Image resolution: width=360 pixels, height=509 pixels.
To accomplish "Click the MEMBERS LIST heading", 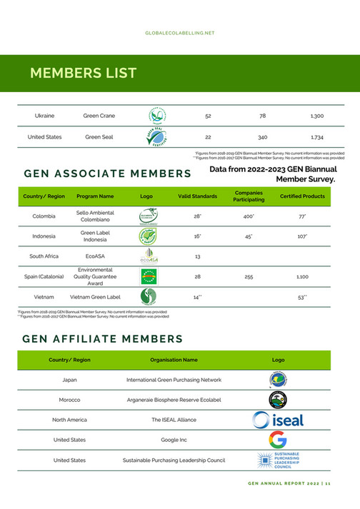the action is [83, 74].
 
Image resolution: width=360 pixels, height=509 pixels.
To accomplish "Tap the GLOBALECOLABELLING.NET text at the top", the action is [179, 33].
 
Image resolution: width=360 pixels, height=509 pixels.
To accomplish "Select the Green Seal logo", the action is [156, 136].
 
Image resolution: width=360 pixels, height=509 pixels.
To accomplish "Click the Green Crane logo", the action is [156, 115].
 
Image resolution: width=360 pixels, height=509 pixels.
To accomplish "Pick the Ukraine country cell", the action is [45, 115].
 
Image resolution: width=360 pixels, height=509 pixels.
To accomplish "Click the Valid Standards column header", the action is [197, 196].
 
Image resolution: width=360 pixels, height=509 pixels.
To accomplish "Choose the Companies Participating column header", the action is [249, 196].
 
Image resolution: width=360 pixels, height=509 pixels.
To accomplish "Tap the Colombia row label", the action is [45, 216].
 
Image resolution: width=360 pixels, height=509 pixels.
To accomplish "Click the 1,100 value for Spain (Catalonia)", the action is [303, 276].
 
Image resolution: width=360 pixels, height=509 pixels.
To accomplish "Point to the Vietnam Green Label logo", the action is [148, 296].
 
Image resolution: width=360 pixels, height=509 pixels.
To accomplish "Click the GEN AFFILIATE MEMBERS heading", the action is [104, 338].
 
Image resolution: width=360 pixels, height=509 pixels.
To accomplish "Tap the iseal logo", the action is [278, 420].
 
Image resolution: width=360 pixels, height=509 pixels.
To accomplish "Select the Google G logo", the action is [278, 440].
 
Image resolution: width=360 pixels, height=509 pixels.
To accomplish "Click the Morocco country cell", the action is [70, 400].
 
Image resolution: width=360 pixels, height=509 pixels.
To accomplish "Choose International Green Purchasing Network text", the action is [174, 380].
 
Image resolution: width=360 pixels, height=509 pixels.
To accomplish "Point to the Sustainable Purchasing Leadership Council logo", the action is [278, 460].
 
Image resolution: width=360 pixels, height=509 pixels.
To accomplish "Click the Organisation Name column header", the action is [174, 360].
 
